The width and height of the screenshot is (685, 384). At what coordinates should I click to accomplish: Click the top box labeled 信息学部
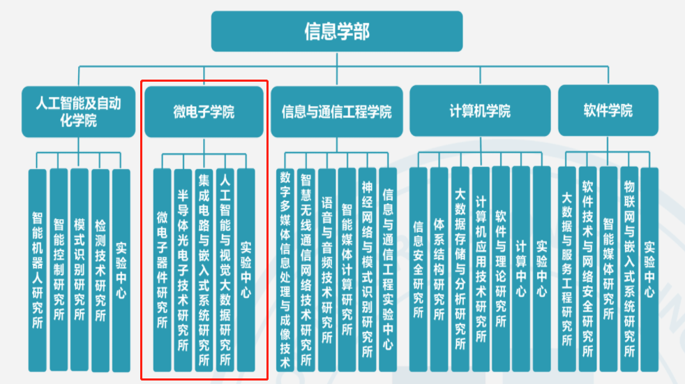click(x=337, y=31)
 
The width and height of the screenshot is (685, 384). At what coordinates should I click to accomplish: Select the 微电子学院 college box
click(x=204, y=112)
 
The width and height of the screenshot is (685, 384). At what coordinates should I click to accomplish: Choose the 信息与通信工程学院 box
click(x=337, y=112)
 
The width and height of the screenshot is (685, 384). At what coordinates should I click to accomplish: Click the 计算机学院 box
click(x=479, y=111)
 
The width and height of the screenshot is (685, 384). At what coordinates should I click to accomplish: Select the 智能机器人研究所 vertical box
click(x=37, y=269)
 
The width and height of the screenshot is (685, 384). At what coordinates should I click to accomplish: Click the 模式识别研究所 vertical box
click(x=79, y=269)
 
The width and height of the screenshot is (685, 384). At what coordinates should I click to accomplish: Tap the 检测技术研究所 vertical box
click(x=100, y=269)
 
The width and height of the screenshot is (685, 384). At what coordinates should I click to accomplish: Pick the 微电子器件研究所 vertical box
click(x=162, y=269)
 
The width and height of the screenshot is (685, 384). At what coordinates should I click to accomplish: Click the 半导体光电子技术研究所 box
click(x=183, y=269)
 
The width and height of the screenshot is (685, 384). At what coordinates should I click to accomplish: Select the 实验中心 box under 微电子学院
click(x=246, y=269)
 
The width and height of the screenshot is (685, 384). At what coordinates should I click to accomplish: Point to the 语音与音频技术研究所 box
click(x=326, y=269)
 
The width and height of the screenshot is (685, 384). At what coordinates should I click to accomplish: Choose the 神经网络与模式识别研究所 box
click(x=368, y=269)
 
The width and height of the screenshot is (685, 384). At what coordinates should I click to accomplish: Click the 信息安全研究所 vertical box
click(x=418, y=269)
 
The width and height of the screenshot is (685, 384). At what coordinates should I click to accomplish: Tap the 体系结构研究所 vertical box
click(x=439, y=269)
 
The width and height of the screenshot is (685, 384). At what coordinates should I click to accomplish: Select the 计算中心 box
click(x=521, y=269)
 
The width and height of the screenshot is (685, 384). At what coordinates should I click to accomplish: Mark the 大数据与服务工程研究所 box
click(x=566, y=269)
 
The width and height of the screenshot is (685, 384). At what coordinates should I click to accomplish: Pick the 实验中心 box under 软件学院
click(x=649, y=269)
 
